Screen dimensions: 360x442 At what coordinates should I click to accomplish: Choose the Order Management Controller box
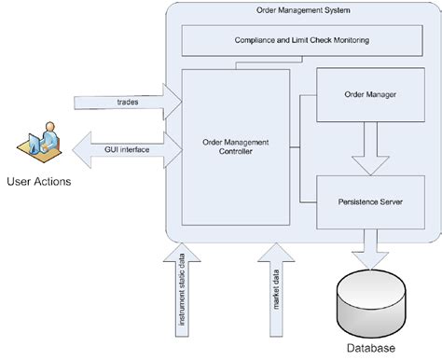tap(235, 146)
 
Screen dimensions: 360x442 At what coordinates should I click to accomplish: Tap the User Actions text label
tap(38, 179)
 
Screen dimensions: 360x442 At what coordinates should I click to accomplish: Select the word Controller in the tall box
tap(236, 153)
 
